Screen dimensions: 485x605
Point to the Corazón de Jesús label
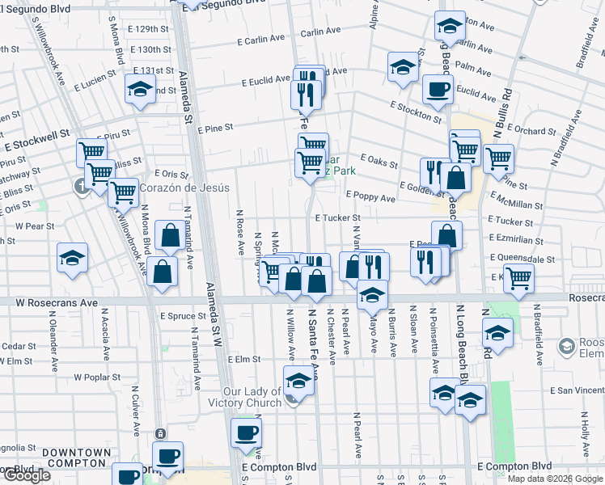pos(184,188)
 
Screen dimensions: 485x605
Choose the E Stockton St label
pos(415,111)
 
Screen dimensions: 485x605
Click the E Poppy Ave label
pos(370,197)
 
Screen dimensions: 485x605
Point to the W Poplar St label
pos(97,377)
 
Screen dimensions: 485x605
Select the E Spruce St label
pos(184,316)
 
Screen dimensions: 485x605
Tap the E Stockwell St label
pos(37,143)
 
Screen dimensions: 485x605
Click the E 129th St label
pos(144,29)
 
